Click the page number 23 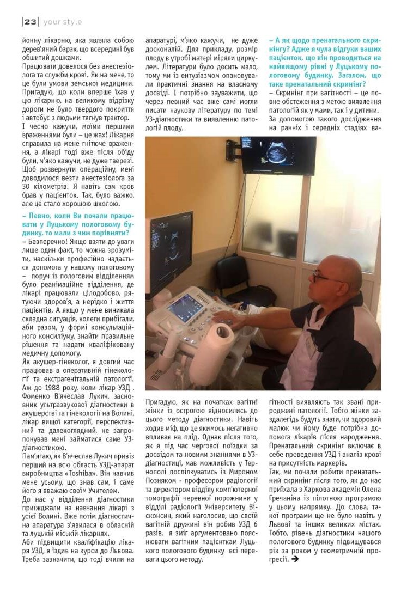pyautogui.click(x=30, y=22)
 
